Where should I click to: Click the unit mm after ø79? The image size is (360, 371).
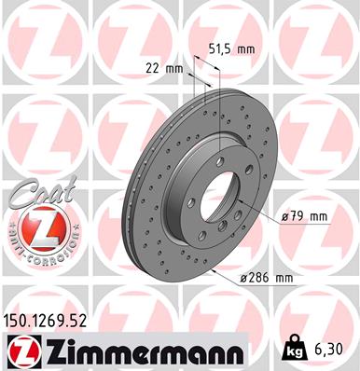click(x=318, y=217)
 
